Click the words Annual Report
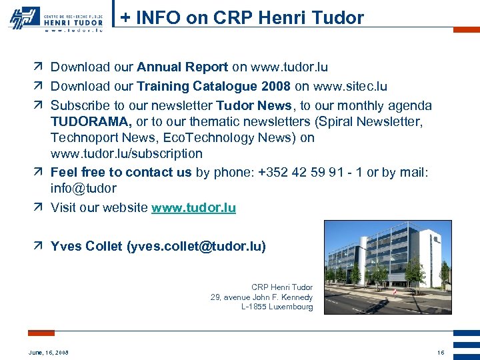[182, 67]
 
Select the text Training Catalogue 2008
[213, 87]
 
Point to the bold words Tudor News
[254, 106]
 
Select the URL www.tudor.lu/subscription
[126, 153]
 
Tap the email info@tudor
[83, 189]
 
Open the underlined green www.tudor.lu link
[193, 208]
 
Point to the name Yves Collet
[86, 247]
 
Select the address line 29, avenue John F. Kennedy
[261, 297]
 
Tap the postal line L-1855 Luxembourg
[277, 307]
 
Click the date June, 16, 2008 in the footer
[48, 352]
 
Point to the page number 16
[441, 352]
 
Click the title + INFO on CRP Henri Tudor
[243, 18]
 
